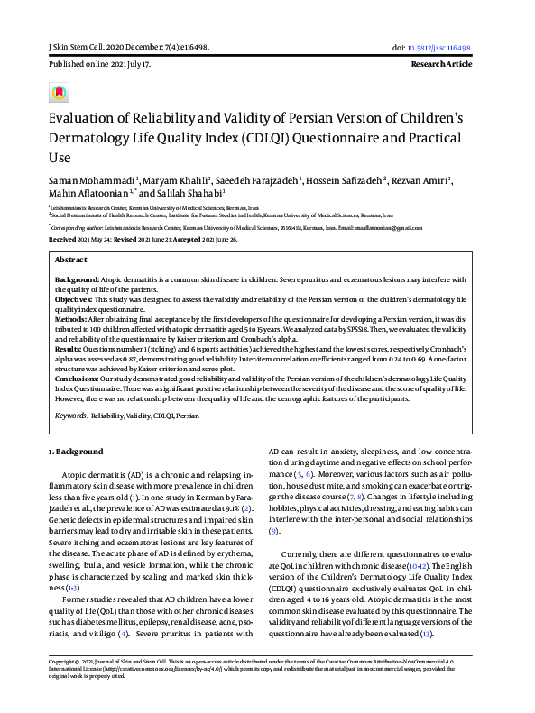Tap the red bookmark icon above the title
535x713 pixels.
59,93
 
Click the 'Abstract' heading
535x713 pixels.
72,258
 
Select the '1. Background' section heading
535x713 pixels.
74,452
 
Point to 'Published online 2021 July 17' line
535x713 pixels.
99,66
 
